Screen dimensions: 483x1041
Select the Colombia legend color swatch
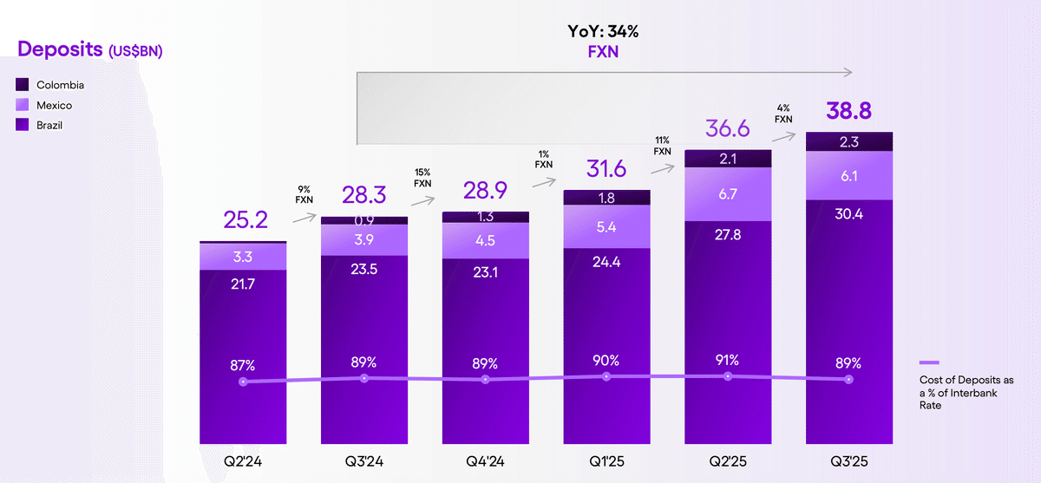23,85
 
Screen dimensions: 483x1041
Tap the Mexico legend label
54,105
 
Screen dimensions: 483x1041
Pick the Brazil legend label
49,125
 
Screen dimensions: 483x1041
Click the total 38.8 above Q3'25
848,111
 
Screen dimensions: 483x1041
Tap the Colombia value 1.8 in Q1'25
606,198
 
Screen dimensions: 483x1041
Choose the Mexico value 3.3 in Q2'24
242,256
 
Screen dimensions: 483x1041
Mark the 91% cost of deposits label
727,360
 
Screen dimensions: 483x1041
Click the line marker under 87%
243,382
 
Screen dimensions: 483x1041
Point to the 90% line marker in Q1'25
606,376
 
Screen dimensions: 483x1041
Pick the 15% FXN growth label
422,178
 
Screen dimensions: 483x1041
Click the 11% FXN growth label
662,145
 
